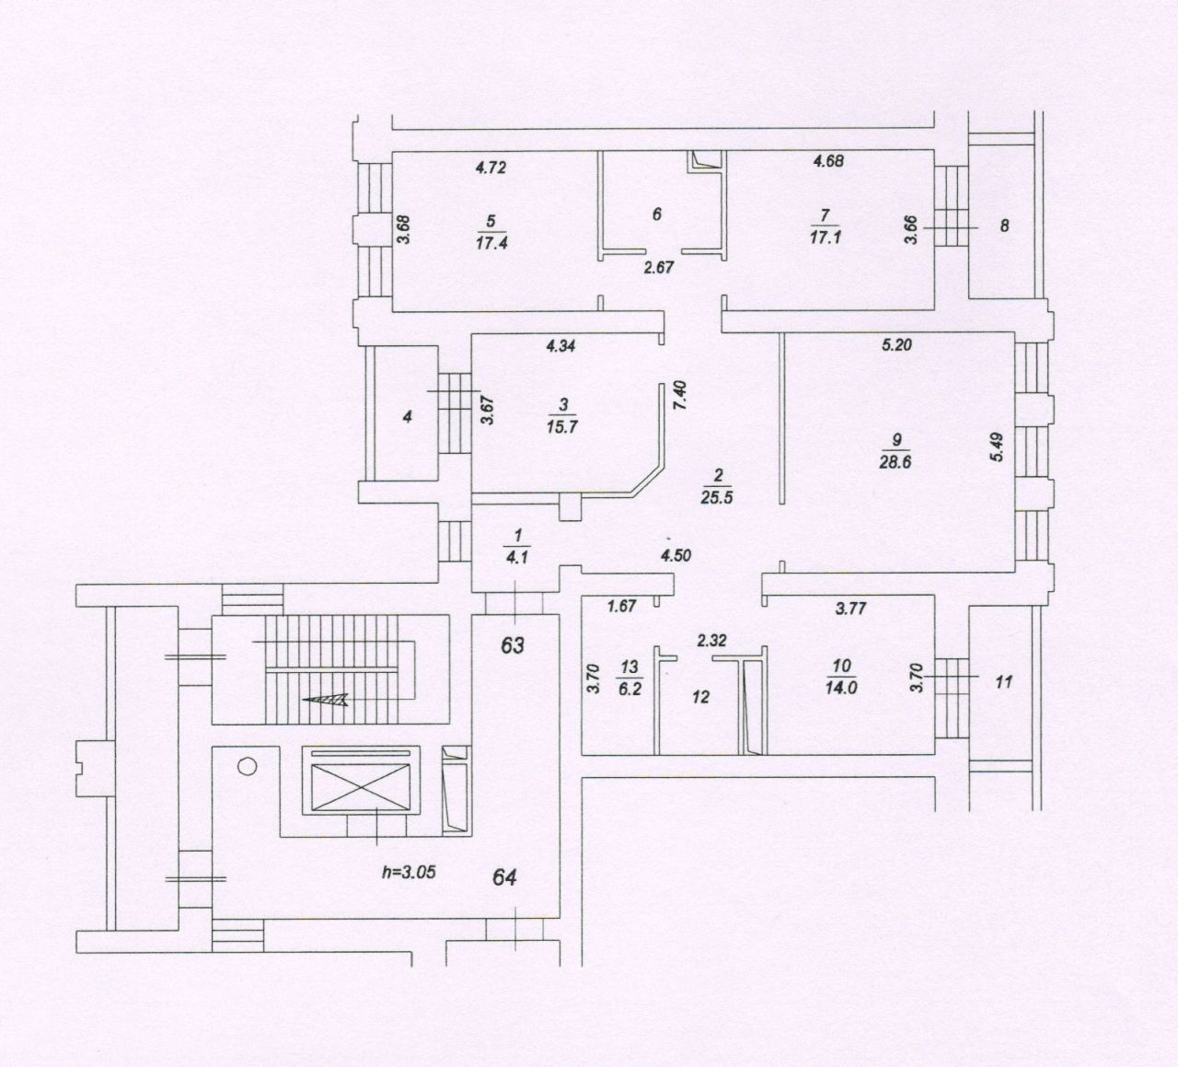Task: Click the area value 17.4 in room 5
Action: point(491,243)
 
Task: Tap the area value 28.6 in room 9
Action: point(895,462)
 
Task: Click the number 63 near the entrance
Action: point(512,646)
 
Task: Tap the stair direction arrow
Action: point(325,699)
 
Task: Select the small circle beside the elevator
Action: point(248,766)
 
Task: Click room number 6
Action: point(656,215)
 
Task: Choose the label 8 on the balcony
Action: point(1005,225)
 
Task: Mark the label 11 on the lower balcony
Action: point(1004,682)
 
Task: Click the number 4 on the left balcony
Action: point(407,417)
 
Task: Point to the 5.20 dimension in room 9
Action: point(896,345)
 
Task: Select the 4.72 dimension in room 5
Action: point(491,168)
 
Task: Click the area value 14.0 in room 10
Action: point(841,688)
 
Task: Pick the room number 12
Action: point(700,698)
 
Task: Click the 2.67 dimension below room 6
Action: point(658,268)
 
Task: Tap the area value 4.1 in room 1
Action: point(517,557)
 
